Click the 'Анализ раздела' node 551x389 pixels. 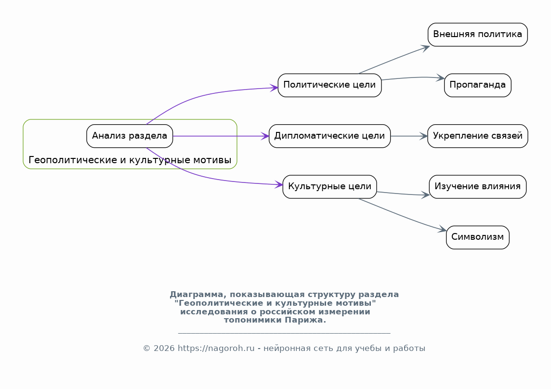pos(130,136)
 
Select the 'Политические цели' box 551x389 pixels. pos(329,85)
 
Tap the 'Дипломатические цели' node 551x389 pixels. pos(329,136)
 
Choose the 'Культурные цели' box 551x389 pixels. pos(329,187)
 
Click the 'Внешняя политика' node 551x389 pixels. pos(478,35)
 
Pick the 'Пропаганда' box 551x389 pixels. pos(478,85)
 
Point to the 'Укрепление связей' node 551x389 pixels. pos(478,136)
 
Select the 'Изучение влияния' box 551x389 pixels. pos(478,187)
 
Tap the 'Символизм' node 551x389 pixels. pos(478,237)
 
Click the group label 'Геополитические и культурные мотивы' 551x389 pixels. pos(130,160)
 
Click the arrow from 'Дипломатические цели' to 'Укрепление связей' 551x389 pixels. pos(409,136)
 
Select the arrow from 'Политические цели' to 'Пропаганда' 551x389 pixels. pos(413,78)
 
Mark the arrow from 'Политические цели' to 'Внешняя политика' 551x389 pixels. pos(394,59)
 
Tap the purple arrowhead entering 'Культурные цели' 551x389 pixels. pos(279,184)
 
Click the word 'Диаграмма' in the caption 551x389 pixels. pos(197,295)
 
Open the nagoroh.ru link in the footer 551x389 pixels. pos(216,348)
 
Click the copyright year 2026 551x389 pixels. pos(164,348)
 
